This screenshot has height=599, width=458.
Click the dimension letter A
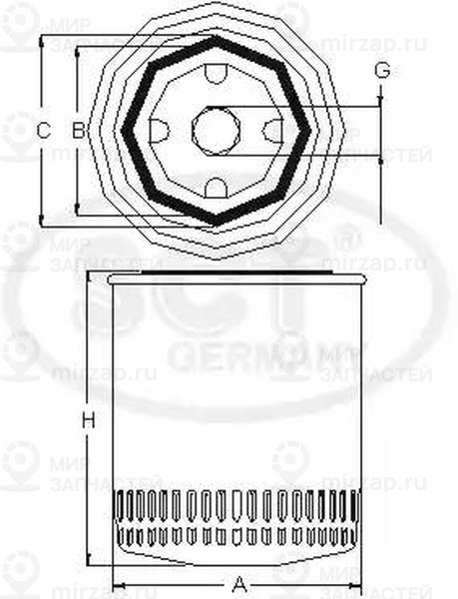point(239,584)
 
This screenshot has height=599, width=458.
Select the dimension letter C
point(42,130)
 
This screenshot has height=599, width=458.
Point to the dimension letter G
point(381,71)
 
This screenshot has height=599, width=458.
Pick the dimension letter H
point(88,421)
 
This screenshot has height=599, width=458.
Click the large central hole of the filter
point(216,129)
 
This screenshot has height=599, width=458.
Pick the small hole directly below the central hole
point(216,186)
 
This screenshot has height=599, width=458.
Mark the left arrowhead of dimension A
point(116,584)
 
